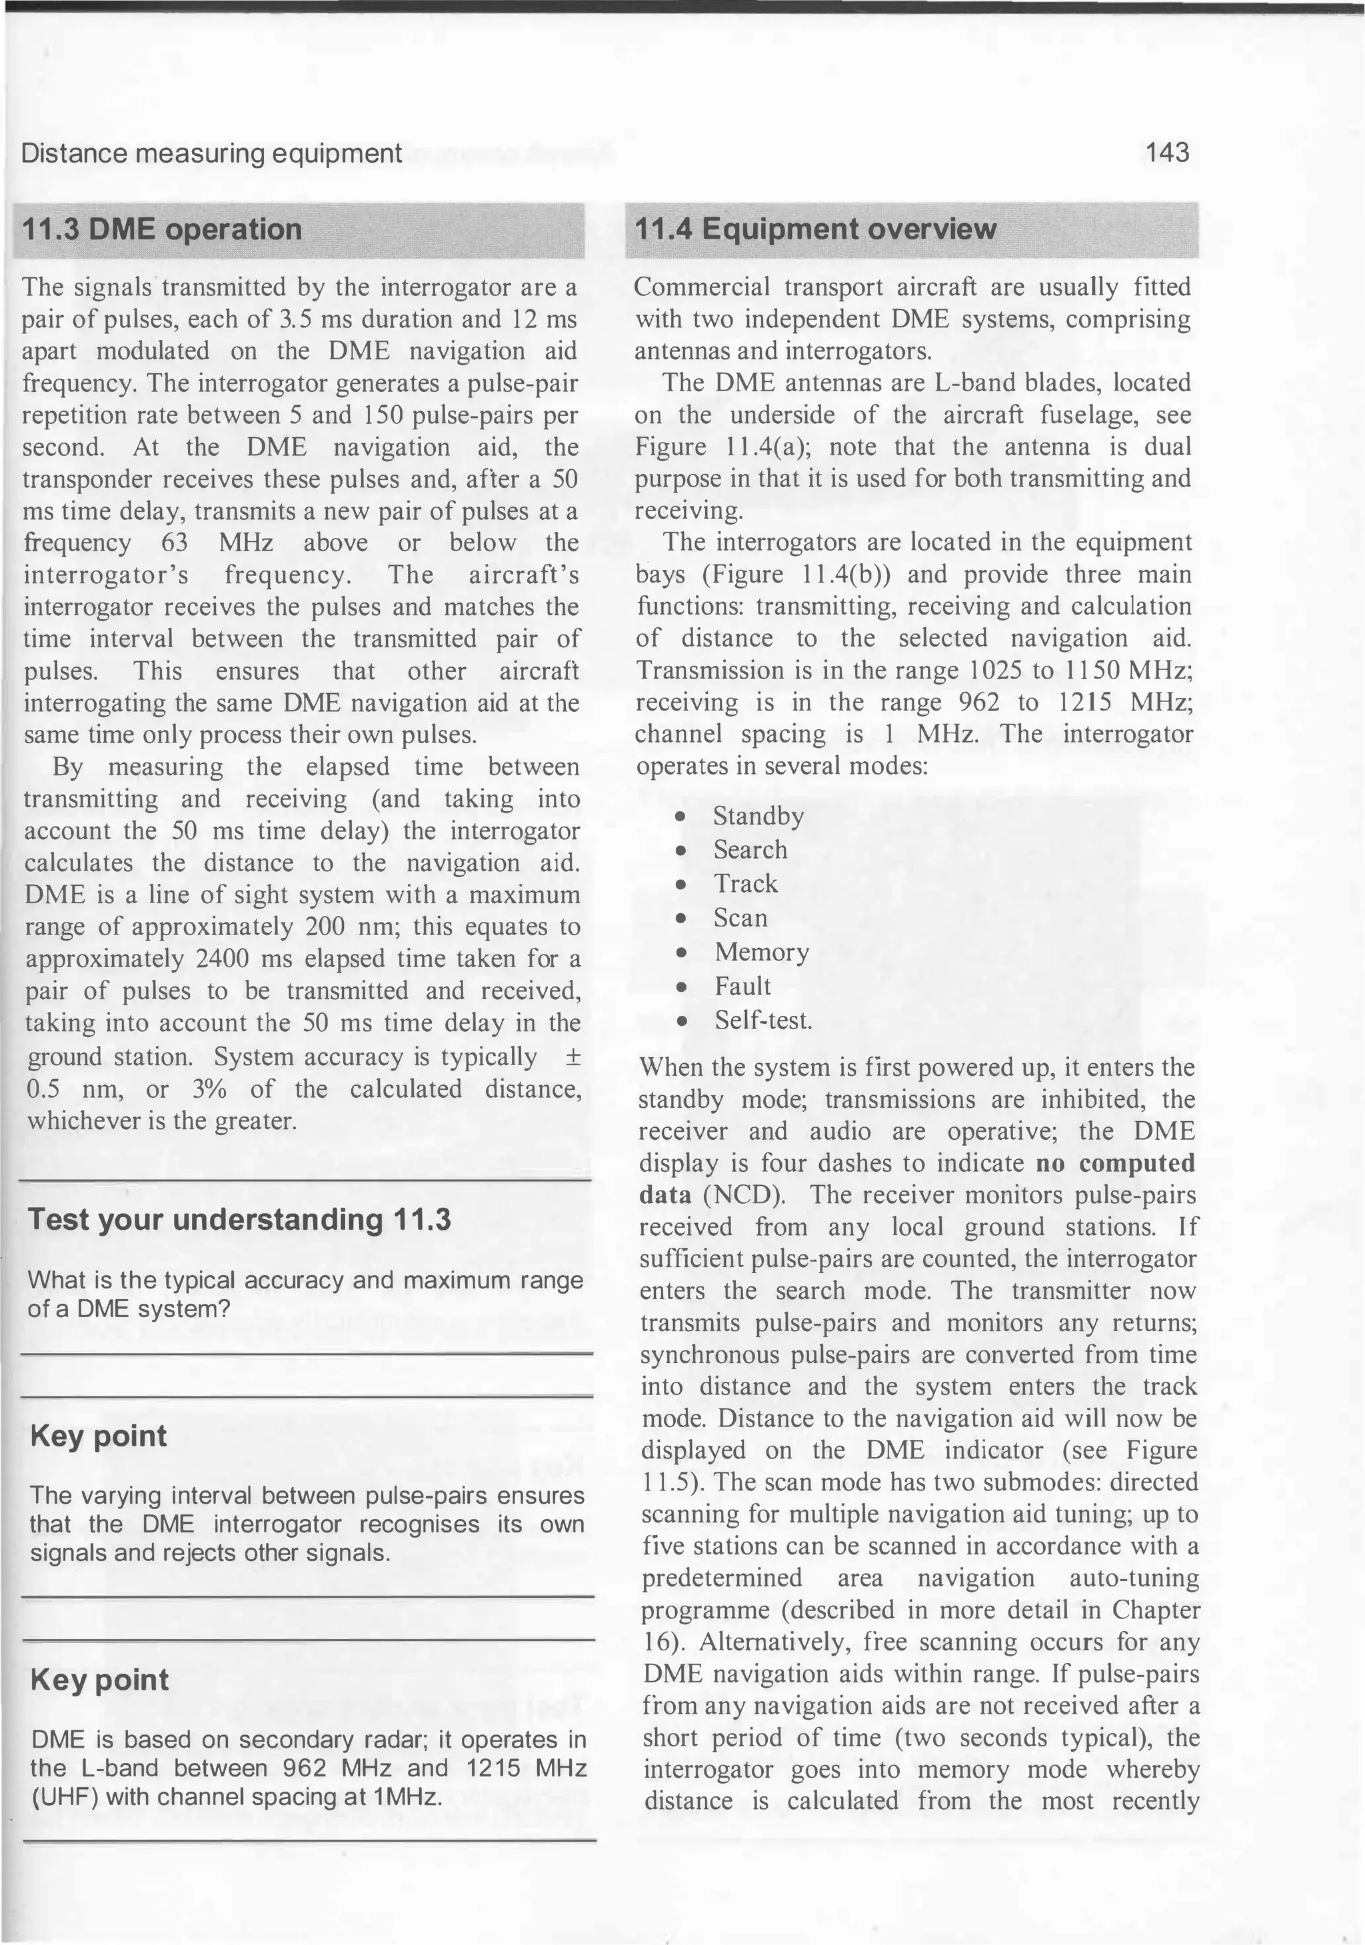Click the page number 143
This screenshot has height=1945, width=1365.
tap(1167, 153)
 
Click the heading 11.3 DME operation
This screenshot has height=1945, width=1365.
tap(161, 229)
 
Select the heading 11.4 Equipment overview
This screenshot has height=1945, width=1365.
tap(815, 229)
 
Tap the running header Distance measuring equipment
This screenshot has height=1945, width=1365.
tap(211, 153)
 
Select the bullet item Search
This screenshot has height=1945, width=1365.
tap(750, 850)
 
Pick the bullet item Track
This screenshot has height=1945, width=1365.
tap(744, 884)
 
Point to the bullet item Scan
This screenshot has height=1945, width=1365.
tap(740, 917)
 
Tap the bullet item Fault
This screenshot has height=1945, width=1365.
tap(742, 986)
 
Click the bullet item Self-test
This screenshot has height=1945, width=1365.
tap(762, 1020)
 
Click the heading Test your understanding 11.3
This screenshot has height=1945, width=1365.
tap(240, 1219)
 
